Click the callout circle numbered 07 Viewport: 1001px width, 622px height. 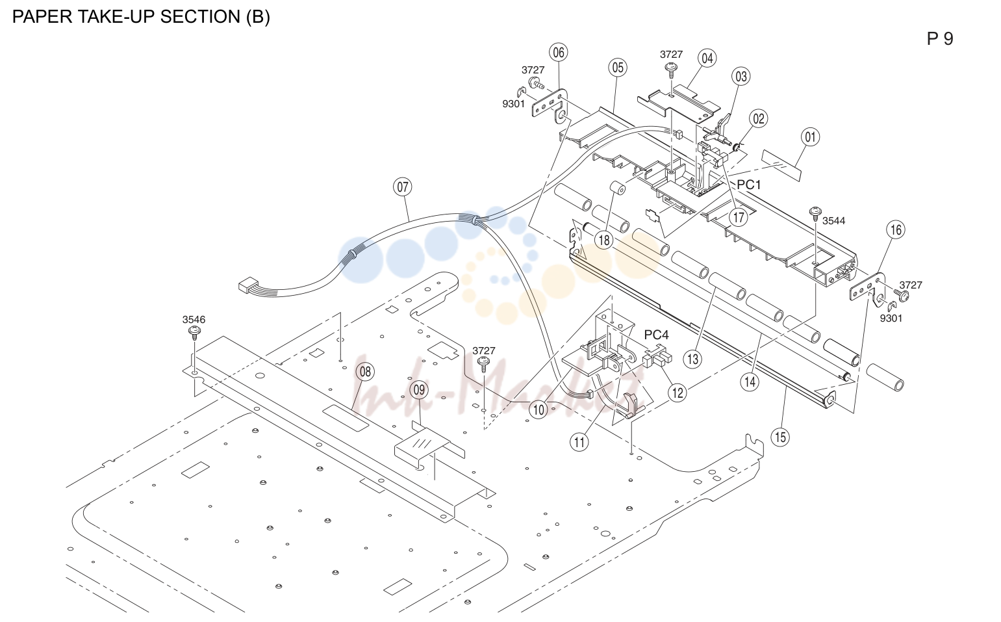403,187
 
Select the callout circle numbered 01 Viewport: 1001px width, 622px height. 811,137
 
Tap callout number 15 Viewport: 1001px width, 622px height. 780,437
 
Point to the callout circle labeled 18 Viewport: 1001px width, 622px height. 603,240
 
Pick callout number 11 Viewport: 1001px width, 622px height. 579,442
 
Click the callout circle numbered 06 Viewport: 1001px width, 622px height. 559,52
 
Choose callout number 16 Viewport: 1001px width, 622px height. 896,230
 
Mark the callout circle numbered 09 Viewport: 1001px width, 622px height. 419,390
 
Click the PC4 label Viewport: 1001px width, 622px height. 656,335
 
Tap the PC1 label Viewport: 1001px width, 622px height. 748,184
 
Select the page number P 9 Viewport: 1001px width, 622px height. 940,39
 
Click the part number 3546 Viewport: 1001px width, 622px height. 194,319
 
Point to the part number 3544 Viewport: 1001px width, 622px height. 833,220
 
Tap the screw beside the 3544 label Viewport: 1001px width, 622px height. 816,213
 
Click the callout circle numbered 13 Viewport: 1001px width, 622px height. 692,359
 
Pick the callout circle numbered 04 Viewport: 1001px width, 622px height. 707,58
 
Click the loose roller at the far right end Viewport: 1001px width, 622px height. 885,378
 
